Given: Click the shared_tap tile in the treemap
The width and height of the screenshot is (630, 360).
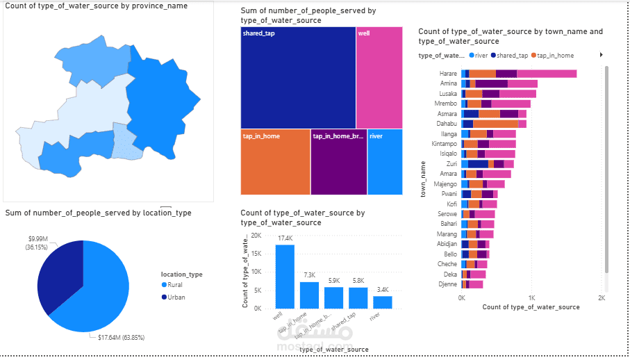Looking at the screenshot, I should click(x=298, y=77).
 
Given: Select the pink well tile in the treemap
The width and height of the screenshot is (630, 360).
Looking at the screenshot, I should click(x=379, y=77).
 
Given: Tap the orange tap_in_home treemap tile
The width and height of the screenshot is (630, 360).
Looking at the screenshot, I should click(x=275, y=162).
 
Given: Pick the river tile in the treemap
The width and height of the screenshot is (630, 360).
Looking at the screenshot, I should click(x=385, y=162).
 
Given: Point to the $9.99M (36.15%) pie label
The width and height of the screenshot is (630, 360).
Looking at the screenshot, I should click(x=37, y=243).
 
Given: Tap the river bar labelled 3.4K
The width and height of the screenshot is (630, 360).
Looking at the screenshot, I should click(x=383, y=302).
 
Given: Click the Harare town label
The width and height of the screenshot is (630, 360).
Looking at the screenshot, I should click(x=448, y=74).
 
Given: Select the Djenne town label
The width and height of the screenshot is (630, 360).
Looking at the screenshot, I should click(x=447, y=284).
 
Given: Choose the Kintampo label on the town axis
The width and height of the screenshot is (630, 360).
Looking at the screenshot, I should click(x=444, y=144).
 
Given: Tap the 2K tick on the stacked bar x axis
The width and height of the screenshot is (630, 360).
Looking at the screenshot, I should click(x=601, y=297).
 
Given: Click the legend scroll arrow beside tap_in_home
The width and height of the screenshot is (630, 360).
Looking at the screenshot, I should click(x=601, y=55).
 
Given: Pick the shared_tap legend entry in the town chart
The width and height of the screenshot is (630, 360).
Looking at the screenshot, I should click(x=511, y=55).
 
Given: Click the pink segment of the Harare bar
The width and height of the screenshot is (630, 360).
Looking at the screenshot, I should click(x=547, y=74).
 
